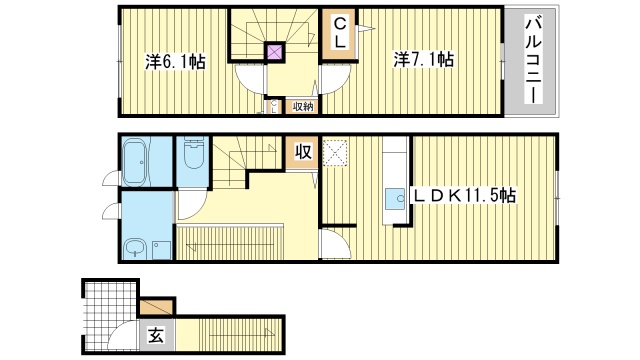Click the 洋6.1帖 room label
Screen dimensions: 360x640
tap(175, 62)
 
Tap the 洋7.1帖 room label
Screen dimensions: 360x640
tap(426, 60)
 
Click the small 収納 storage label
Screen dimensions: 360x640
tap(303, 105)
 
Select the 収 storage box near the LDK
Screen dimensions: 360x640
tap(302, 153)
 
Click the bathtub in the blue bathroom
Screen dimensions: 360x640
tap(137, 160)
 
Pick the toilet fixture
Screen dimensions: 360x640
tap(193, 156)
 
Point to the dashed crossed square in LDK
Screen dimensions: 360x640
tap(337, 151)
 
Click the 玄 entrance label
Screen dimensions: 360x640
tap(157, 335)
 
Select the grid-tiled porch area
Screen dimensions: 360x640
tap(107, 305)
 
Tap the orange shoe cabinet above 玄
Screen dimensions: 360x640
tap(157, 306)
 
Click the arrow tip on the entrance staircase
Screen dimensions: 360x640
tap(269, 332)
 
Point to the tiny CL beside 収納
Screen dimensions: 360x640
tap(273, 105)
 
